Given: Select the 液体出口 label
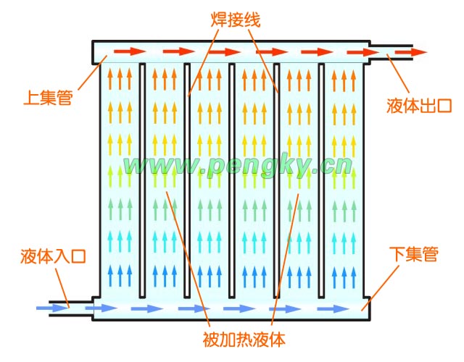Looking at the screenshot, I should click(418, 107).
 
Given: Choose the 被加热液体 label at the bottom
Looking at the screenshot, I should click(239, 338).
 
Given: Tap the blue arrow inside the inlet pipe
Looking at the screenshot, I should click(51, 308).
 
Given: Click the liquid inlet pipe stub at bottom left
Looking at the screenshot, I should click(69, 308).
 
